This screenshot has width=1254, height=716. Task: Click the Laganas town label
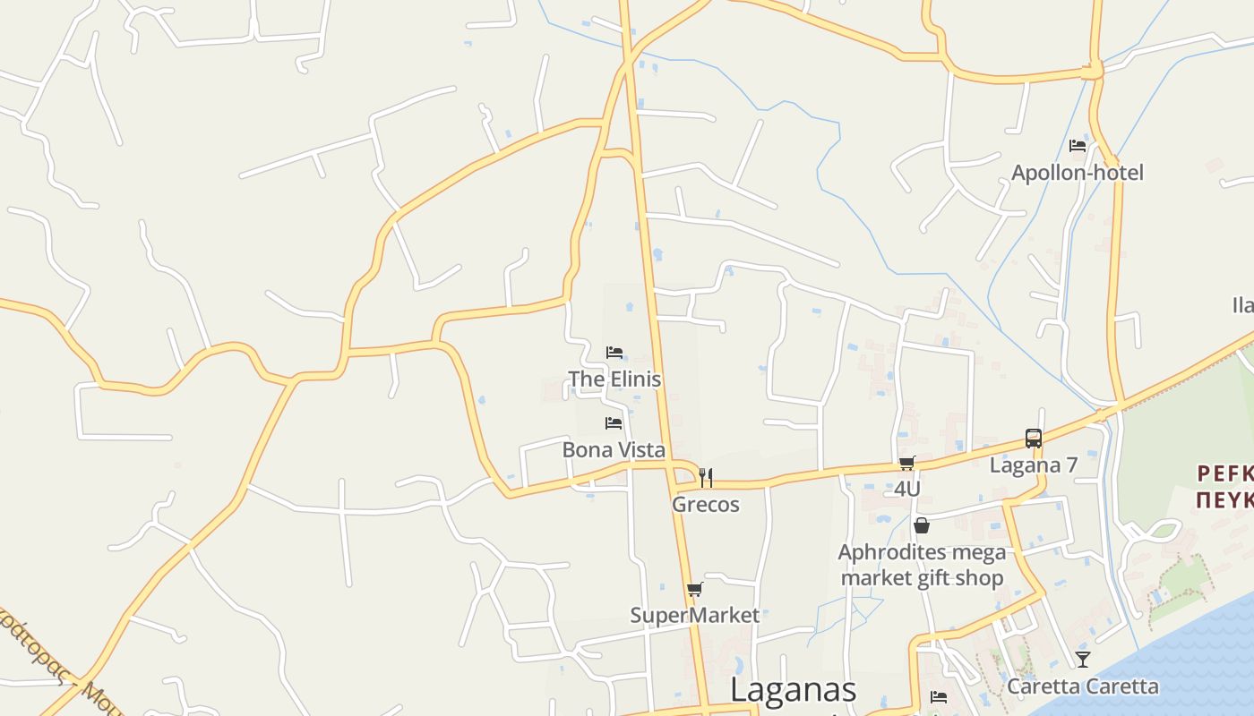(x=793, y=690)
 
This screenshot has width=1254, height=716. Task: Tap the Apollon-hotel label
(x=1078, y=172)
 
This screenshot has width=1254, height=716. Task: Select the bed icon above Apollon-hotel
(x=1078, y=146)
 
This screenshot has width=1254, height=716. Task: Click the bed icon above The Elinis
(x=614, y=353)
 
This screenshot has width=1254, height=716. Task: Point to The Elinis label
(x=614, y=379)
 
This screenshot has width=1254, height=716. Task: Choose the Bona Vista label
(x=614, y=449)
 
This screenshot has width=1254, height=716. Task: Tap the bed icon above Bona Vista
(x=614, y=423)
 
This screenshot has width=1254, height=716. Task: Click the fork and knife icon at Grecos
(x=706, y=478)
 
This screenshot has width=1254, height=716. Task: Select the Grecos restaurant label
(x=706, y=504)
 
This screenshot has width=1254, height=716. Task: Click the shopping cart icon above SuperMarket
(x=694, y=590)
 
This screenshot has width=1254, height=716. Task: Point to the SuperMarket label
(x=694, y=615)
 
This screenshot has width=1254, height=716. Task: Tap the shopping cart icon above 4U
(x=907, y=464)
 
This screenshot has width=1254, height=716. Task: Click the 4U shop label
(x=907, y=489)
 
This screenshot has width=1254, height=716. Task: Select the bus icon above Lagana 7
(x=1034, y=439)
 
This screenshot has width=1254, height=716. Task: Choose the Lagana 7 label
(x=1034, y=465)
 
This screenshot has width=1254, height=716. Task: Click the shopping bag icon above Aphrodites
(x=922, y=525)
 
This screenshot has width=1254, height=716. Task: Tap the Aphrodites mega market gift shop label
(x=922, y=565)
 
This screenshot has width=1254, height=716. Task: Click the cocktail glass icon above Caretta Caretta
(x=1083, y=660)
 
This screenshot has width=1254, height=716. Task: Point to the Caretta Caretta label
(x=1083, y=686)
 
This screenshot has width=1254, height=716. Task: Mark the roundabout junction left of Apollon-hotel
(x=1093, y=69)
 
